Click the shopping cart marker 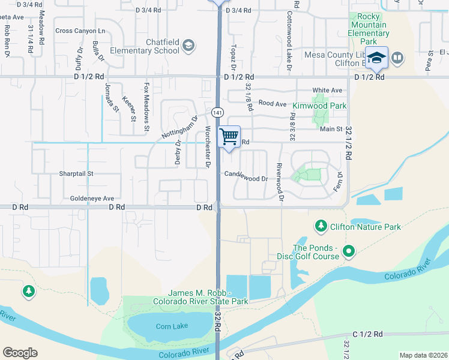[x=229, y=137]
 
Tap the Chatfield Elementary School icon [x=188, y=45]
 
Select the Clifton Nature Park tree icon [x=321, y=226]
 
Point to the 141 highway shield [x=217, y=112]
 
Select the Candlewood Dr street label [x=246, y=178]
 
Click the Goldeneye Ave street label [x=92, y=198]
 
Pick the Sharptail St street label [x=76, y=173]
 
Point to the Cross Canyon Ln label [x=79, y=31]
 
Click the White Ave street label [x=327, y=90]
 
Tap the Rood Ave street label [x=272, y=103]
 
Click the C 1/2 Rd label [x=367, y=334]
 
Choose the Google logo [x=20, y=353]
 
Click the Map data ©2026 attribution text [x=423, y=355]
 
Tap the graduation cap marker [x=376, y=58]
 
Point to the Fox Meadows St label [x=146, y=107]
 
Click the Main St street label [x=331, y=128]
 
